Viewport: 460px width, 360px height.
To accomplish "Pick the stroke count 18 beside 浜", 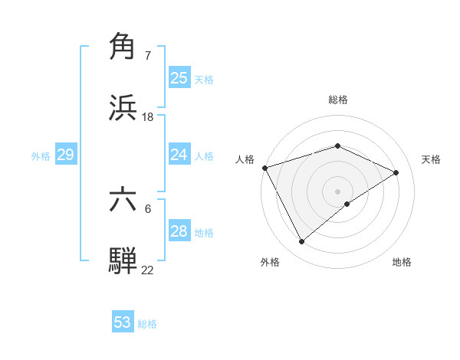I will click(147, 117).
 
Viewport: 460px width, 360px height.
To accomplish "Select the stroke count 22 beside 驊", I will click(147, 270).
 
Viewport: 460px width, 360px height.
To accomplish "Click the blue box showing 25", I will click(179, 77).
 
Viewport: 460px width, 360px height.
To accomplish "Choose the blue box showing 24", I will click(179, 155).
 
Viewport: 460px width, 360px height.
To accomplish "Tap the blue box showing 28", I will click(179, 231).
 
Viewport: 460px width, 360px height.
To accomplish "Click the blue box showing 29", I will click(65, 155).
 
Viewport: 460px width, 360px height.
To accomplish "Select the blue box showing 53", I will click(123, 322).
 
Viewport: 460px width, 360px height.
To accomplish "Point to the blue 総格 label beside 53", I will click(147, 324).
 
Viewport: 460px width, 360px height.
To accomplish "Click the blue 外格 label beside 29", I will click(41, 156).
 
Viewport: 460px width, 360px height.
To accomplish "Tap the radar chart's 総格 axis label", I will click(338, 100).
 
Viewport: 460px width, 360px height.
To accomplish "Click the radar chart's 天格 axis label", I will click(431, 159).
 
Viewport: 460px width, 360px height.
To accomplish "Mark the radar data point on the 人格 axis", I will click(264, 168).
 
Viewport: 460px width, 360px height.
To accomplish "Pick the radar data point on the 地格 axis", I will click(348, 204).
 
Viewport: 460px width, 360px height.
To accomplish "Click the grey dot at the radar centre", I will click(338, 191).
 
